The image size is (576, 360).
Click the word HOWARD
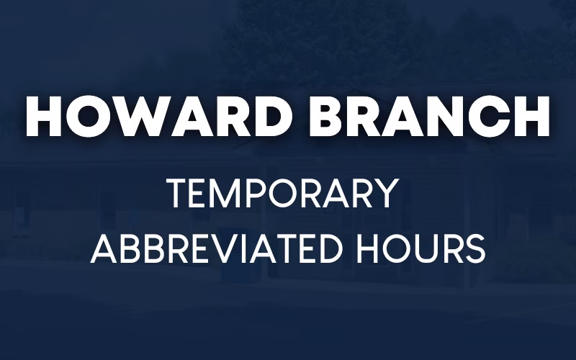156,115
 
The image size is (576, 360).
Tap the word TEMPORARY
282,195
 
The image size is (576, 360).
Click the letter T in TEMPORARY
176,195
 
